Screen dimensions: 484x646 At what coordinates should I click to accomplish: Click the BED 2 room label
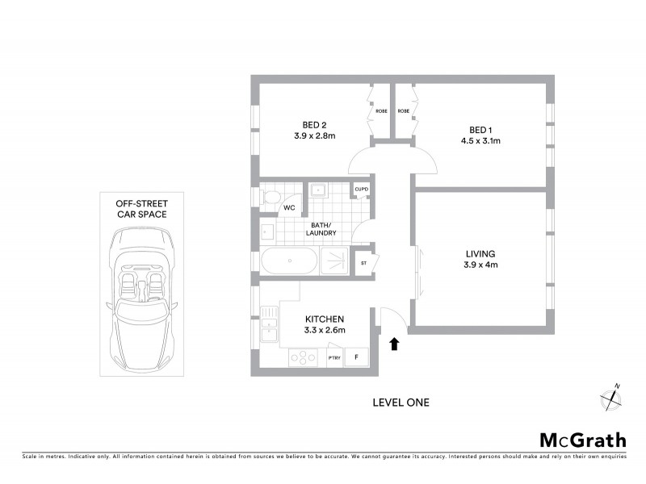(314, 125)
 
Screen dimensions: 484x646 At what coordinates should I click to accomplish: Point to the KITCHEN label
(325, 319)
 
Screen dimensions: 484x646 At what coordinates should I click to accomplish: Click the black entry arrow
(394, 344)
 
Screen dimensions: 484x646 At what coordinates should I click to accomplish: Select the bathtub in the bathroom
(289, 261)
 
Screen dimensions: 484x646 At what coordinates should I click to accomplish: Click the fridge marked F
(358, 357)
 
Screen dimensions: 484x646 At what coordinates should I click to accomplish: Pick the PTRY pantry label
(334, 357)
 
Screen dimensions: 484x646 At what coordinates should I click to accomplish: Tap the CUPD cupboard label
(361, 190)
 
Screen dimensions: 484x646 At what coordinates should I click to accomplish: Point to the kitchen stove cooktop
(302, 356)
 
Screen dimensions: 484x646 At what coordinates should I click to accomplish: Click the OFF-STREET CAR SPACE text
(141, 211)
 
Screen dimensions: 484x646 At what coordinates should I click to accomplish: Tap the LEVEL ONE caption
(401, 402)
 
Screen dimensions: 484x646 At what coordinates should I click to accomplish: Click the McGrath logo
(582, 440)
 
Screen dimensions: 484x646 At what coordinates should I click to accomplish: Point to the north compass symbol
(612, 398)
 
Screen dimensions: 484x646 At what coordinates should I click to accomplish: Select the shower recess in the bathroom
(338, 261)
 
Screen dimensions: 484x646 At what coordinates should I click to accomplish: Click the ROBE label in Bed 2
(381, 111)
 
